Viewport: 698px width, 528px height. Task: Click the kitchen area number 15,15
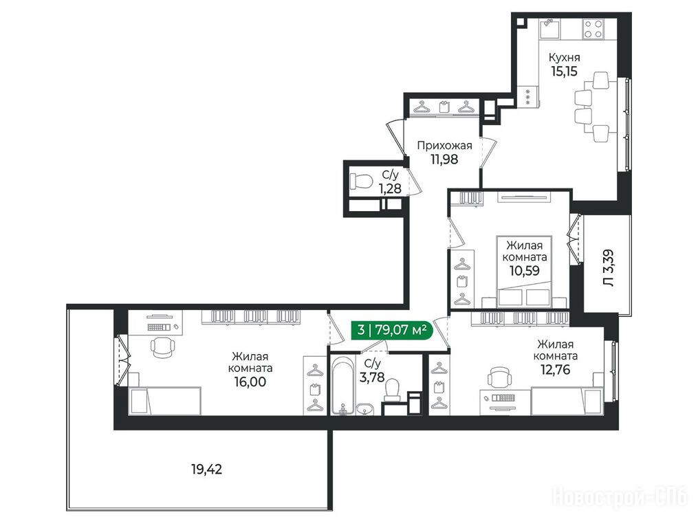[x=564, y=71]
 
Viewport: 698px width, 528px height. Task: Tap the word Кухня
[x=564, y=58]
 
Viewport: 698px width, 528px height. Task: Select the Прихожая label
[x=444, y=145]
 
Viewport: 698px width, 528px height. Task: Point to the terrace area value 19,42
[x=206, y=470]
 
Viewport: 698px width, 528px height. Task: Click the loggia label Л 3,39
[x=608, y=267]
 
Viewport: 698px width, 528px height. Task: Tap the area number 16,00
[x=250, y=382]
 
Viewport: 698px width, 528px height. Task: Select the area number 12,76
[x=555, y=369]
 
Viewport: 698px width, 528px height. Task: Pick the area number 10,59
[x=525, y=270]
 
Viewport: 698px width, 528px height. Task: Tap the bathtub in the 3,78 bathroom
[x=342, y=386]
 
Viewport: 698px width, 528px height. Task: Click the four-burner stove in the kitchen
[x=593, y=28]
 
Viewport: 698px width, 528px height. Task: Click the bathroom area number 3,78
[x=372, y=377]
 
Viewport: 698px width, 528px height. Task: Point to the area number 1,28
[x=390, y=188]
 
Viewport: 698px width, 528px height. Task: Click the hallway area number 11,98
[x=444, y=159]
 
